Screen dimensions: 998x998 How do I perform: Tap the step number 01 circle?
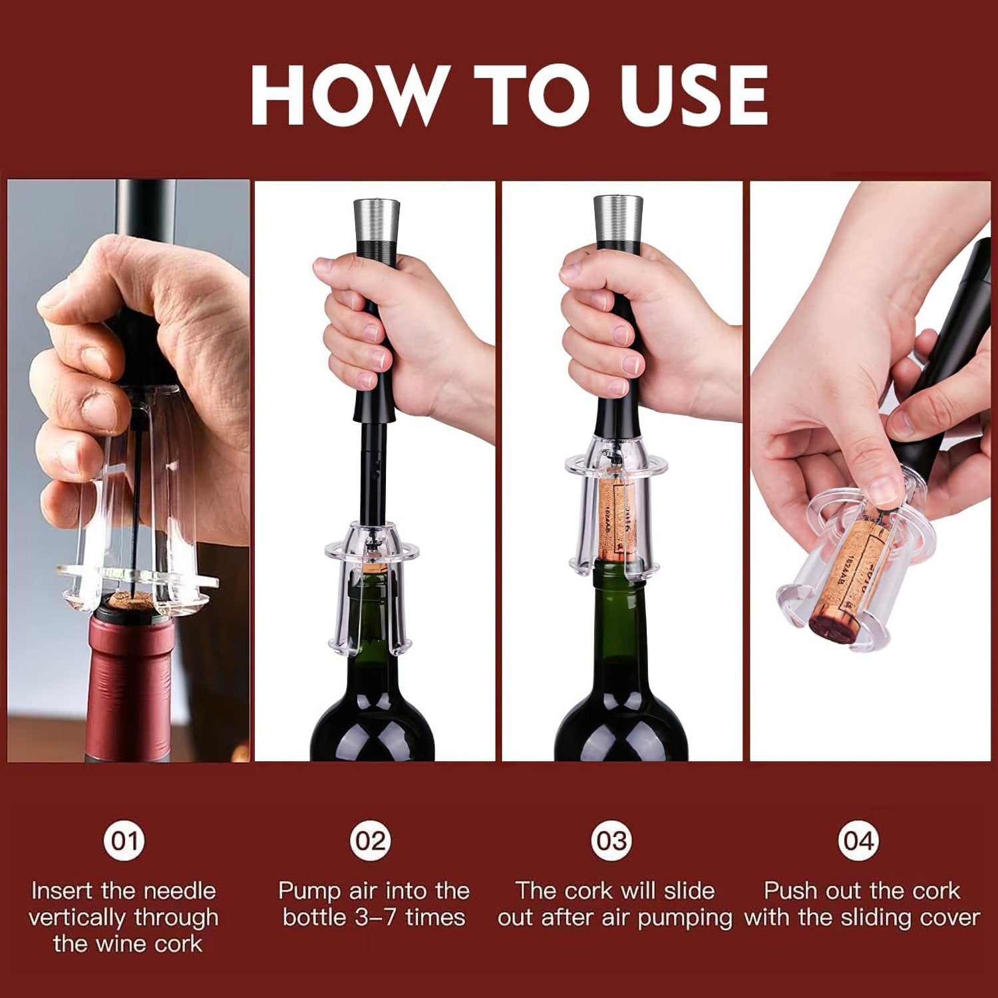point(124,841)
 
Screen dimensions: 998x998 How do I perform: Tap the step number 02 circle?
point(371,841)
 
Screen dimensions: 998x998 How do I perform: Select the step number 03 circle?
point(611,841)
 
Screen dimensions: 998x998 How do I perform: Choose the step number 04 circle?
point(858,841)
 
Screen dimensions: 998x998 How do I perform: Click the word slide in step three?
point(689,891)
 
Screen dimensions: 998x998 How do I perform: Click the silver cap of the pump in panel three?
point(617,213)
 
